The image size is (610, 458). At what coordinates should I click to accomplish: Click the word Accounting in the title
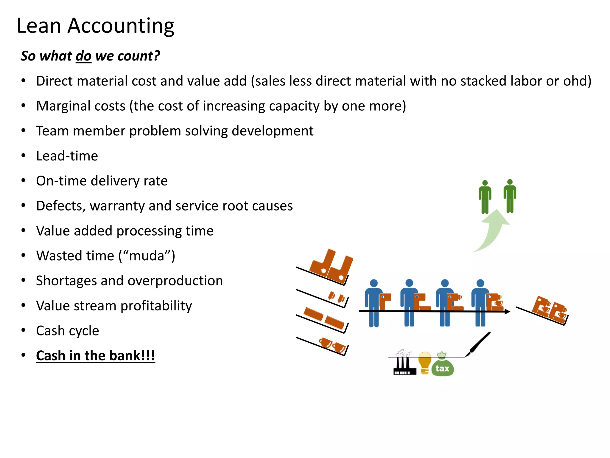[x=121, y=26]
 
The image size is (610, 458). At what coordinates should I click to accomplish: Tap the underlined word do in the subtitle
[x=83, y=56]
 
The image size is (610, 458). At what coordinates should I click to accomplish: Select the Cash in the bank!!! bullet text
[x=95, y=355]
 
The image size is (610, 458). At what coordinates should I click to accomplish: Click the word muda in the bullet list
[x=147, y=256]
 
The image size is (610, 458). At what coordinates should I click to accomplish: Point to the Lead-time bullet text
[x=67, y=156]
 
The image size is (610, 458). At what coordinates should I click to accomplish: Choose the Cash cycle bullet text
[x=68, y=331]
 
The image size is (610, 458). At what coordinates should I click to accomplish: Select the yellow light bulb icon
[x=425, y=362]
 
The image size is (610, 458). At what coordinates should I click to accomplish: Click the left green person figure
[x=485, y=197]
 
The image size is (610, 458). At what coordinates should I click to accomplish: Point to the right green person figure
[x=510, y=196]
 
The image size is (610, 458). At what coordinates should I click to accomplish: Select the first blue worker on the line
[x=373, y=303]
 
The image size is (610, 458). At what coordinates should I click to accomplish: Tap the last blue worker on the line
[x=480, y=303]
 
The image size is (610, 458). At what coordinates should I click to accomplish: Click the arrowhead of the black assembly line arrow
[x=508, y=312]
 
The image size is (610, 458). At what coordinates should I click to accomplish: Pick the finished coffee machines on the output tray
[x=550, y=310]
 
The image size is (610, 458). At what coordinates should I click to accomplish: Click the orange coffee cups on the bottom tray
[x=332, y=345]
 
